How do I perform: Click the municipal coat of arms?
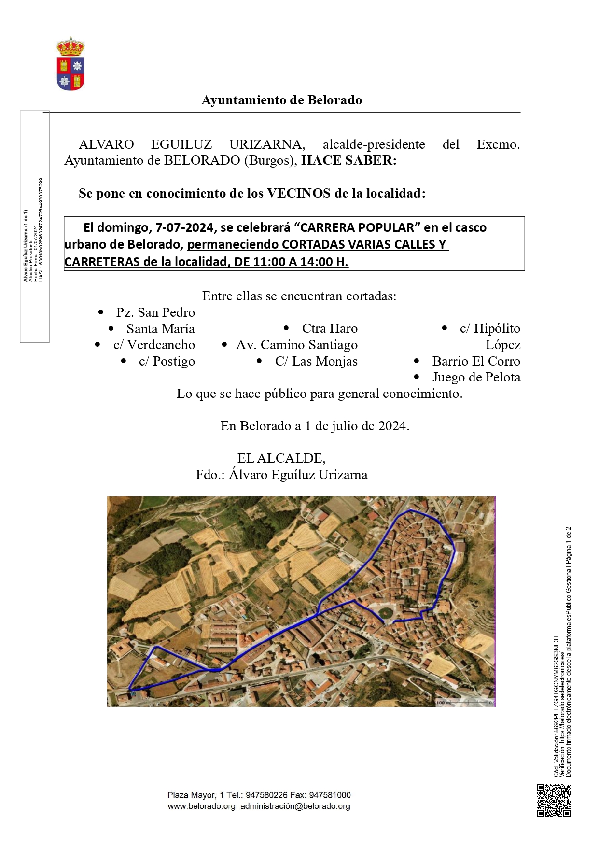pos(70,65)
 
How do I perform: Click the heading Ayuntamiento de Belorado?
pos(281,100)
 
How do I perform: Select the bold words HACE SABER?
pos(348,160)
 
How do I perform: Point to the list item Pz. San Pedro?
pos(155,312)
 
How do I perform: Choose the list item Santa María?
pos(160,329)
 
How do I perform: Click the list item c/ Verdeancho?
pos(154,345)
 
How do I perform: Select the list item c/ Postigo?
pos(167,361)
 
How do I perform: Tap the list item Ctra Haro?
pos(330,328)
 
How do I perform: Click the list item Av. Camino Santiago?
pos(296,345)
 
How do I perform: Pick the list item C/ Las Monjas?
pos(316,361)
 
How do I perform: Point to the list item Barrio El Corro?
pos(476,361)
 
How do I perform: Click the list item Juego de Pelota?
pos(476,377)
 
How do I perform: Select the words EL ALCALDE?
pos(281,458)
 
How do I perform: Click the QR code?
pos(554,800)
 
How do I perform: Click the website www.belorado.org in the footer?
pos(201,806)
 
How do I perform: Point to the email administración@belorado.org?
pos(295,806)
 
